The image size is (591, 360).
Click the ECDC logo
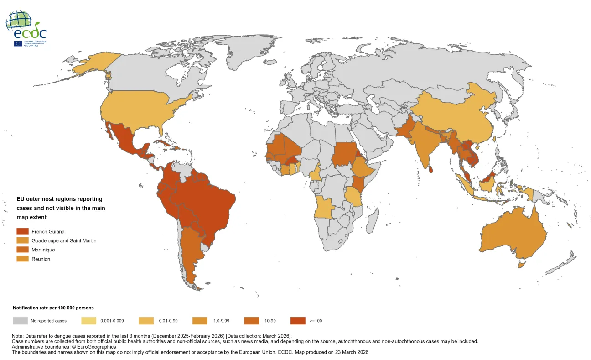click(x=26, y=28)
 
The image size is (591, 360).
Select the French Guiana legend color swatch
click(x=22, y=231)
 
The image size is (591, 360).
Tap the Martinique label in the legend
click(x=43, y=250)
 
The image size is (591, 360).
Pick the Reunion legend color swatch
click(x=22, y=259)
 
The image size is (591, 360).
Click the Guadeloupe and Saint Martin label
click(x=63, y=240)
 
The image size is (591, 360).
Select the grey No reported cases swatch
click(x=20, y=321)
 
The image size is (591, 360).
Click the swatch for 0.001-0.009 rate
click(x=89, y=321)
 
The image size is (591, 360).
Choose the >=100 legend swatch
click(x=297, y=321)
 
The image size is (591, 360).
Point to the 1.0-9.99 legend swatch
click(x=201, y=321)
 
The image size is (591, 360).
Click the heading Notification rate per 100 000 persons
click(x=53, y=308)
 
